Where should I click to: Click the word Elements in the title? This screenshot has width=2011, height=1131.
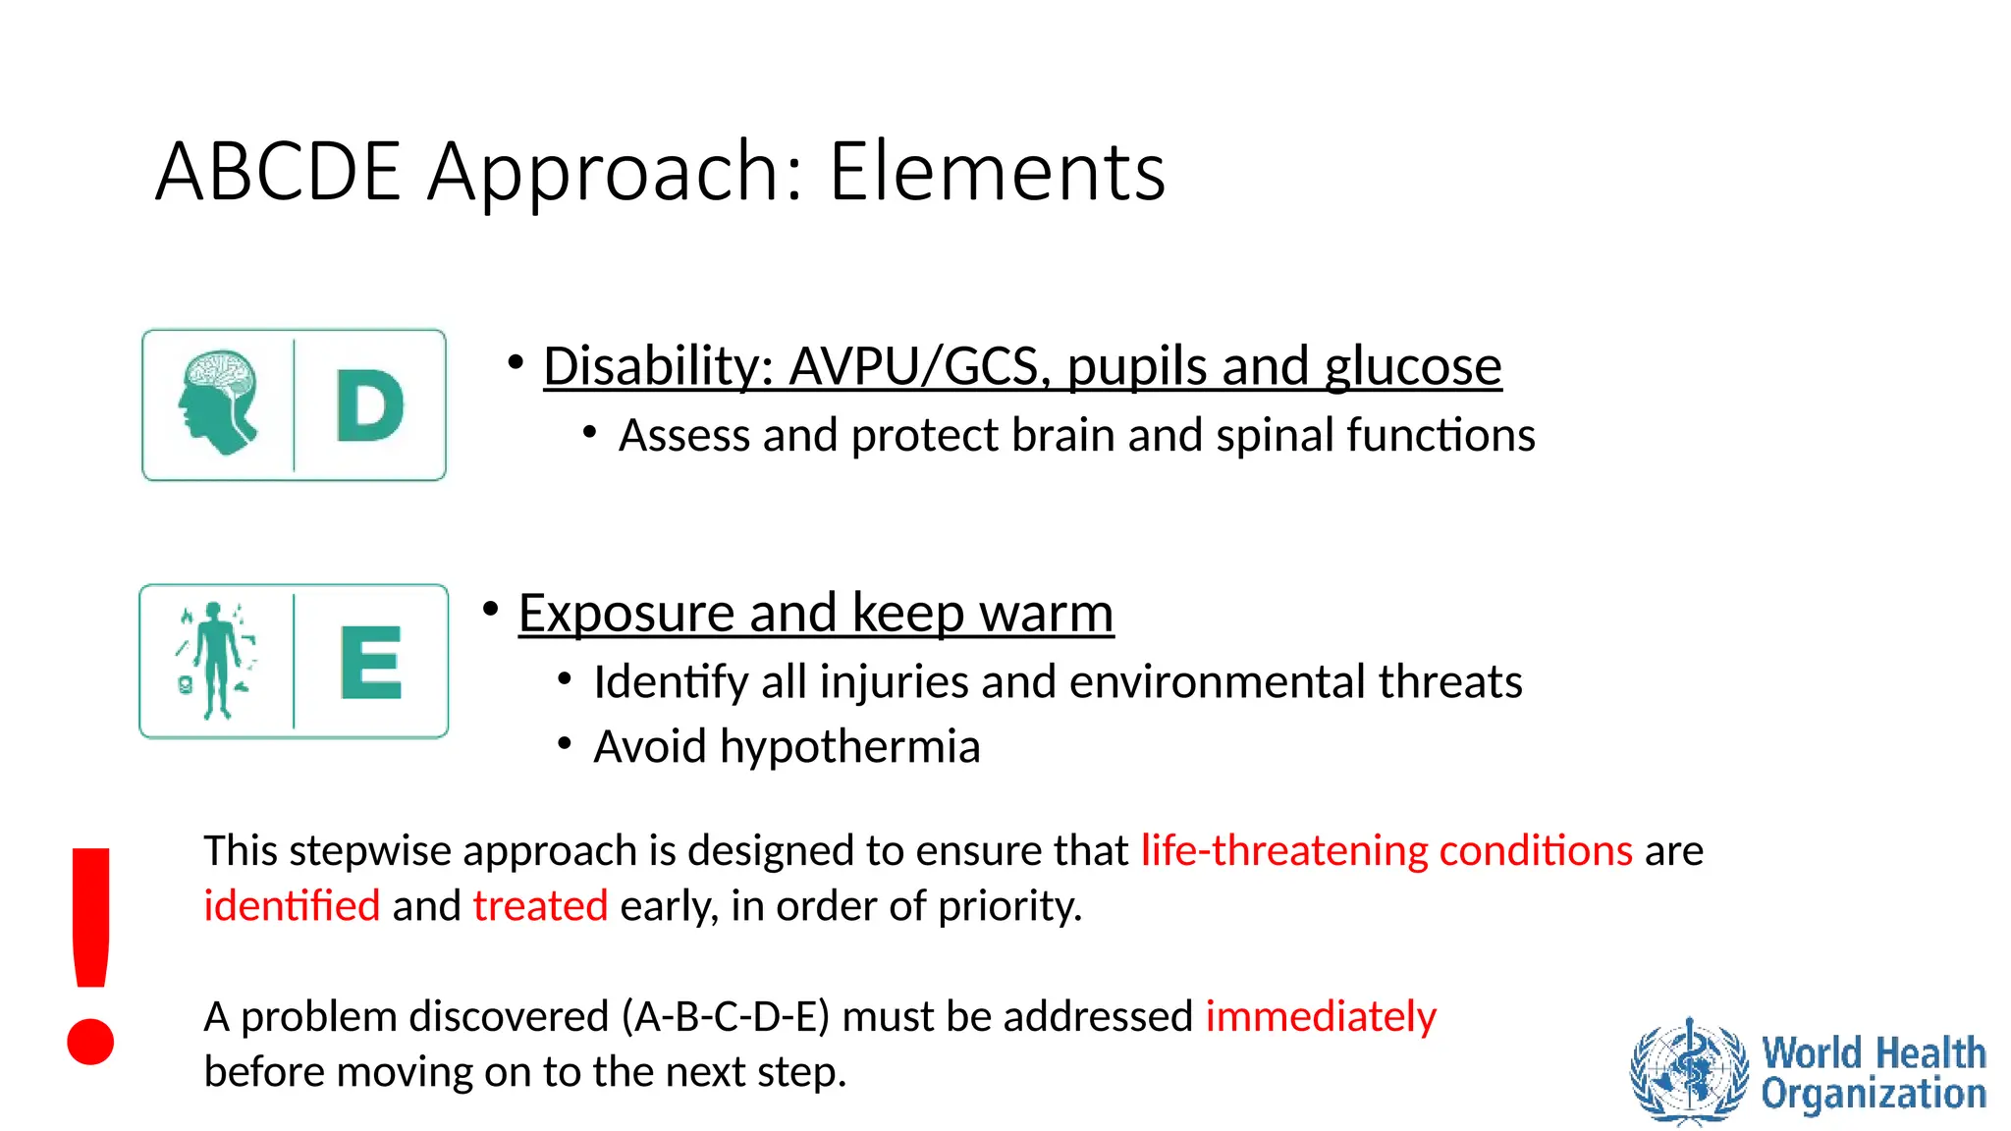997,172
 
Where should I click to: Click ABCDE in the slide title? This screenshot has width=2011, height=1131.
278,172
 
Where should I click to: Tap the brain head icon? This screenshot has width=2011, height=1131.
219,403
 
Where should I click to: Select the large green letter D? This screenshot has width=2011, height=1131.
369,405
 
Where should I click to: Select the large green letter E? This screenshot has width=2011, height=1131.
370,662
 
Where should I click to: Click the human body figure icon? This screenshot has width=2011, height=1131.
216,660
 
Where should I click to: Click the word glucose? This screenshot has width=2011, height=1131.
1413,366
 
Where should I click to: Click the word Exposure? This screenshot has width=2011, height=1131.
625,614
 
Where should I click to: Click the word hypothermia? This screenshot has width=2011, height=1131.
849,746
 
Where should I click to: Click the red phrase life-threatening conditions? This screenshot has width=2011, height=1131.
1386,850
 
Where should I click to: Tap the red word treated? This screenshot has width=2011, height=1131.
540,905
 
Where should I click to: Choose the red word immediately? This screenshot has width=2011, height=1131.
1320,1016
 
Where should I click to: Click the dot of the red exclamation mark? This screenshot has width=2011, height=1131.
90,1042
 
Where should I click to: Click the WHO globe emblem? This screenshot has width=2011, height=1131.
1689,1072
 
